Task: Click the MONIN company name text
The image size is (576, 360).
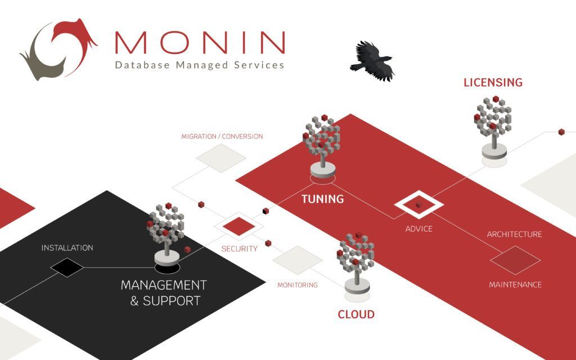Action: [200, 42]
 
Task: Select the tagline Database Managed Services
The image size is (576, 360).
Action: [200, 65]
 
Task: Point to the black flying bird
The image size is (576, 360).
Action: [373, 60]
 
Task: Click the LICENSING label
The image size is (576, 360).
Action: [493, 83]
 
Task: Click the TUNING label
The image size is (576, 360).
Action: [322, 199]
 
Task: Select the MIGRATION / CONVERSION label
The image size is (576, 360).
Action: [222, 137]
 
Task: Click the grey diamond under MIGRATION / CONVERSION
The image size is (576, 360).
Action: [221, 157]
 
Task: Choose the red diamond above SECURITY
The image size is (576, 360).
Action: [238, 226]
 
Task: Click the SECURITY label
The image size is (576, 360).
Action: [239, 249]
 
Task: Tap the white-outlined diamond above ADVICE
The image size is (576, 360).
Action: [419, 206]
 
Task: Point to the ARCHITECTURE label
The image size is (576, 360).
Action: [514, 234]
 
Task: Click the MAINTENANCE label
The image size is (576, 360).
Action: [515, 285]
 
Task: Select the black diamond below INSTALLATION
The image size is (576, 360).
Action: [67, 267]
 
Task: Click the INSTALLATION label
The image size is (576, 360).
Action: [67, 247]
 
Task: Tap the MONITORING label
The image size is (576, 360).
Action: [297, 285]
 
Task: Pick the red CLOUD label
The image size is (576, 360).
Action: [356, 314]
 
